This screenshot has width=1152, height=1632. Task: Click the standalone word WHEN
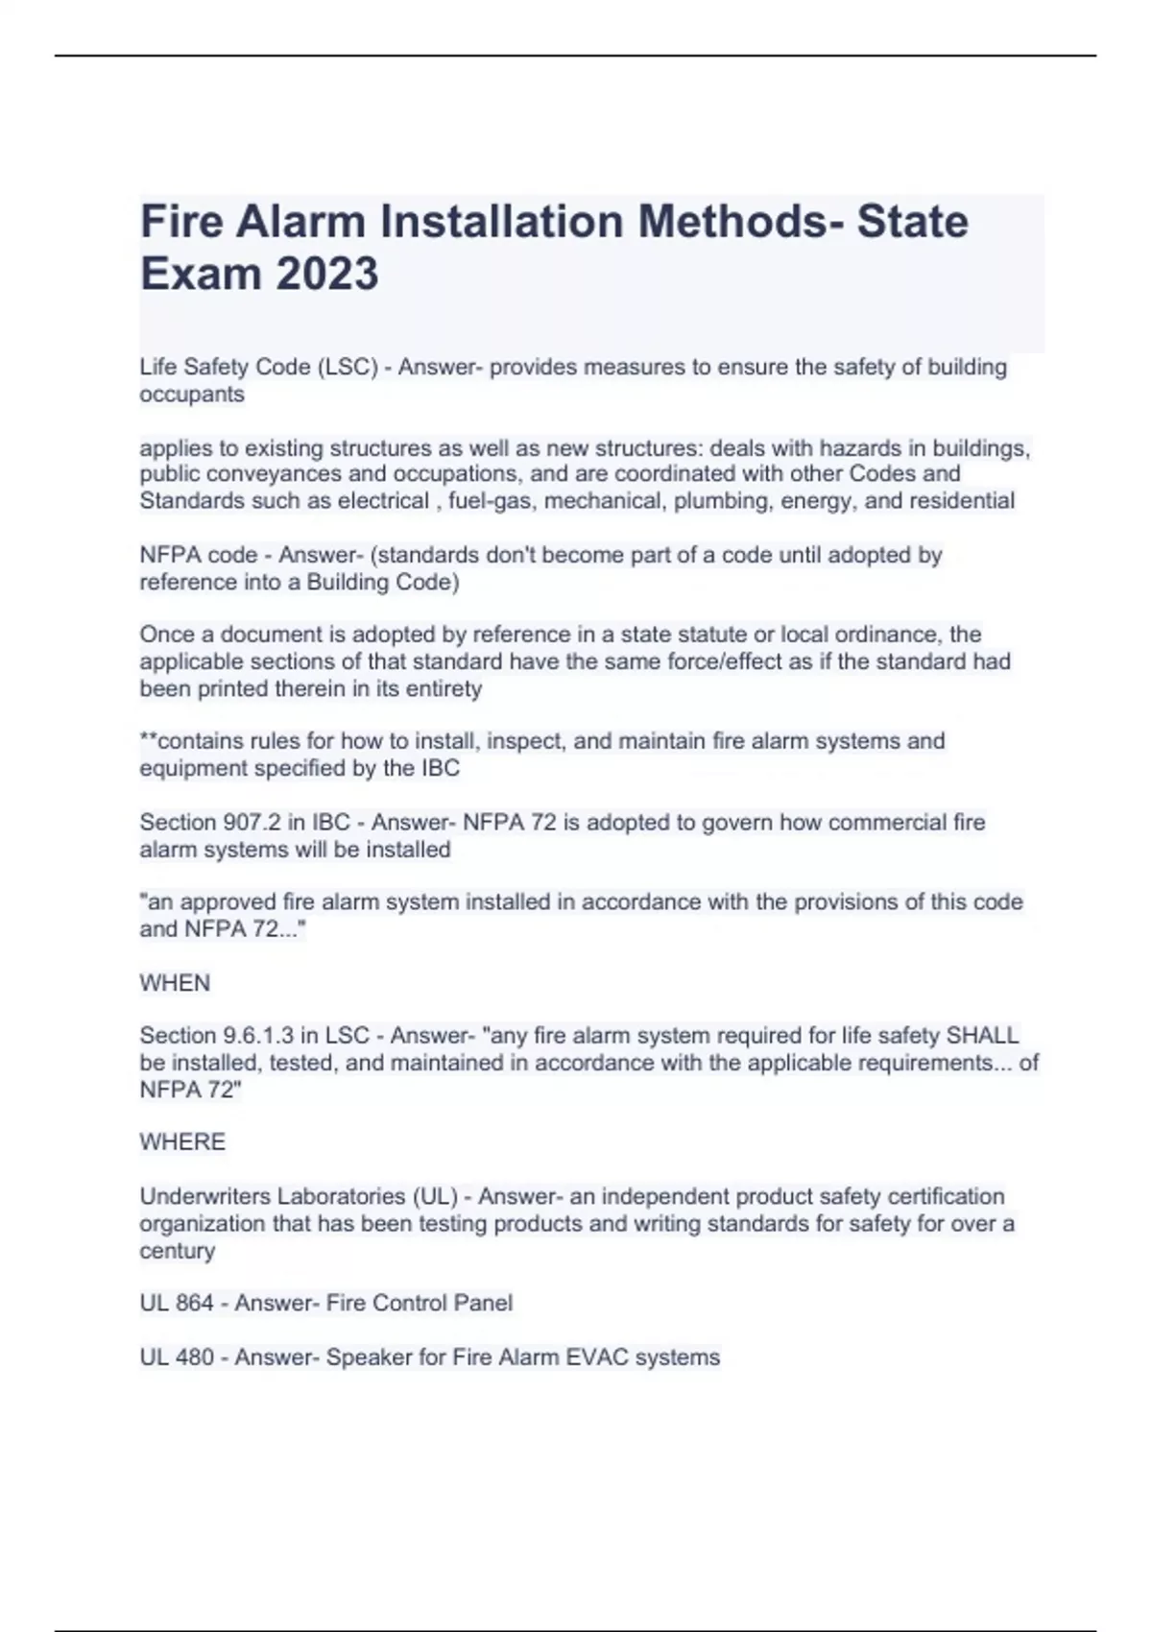coord(175,983)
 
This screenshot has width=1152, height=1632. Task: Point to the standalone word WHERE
coord(182,1142)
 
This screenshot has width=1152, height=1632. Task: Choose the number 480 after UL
coord(195,1357)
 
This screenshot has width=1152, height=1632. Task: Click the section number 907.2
coord(252,823)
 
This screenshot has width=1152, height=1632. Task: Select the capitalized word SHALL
coord(982,1036)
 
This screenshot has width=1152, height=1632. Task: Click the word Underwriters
coord(205,1197)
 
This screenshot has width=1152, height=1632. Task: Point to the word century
coord(178,1251)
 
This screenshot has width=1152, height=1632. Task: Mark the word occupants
coord(192,395)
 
